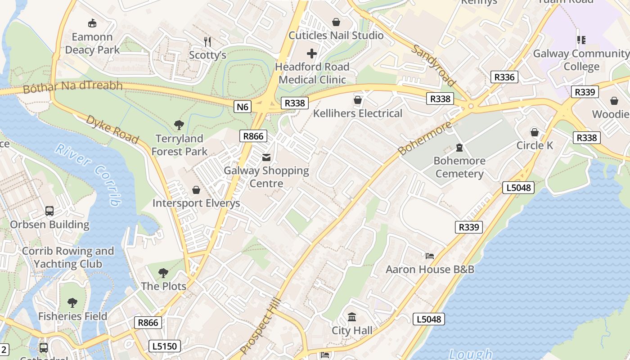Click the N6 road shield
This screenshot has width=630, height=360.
click(242, 107)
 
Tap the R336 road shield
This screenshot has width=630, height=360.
click(504, 77)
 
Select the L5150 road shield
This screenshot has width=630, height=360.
click(165, 346)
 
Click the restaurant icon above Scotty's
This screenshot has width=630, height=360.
click(207, 42)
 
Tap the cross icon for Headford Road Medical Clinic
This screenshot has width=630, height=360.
click(311, 54)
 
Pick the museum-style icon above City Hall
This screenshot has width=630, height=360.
click(352, 317)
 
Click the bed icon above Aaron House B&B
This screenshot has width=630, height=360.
click(430, 256)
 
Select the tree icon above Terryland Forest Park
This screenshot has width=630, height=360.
click(179, 125)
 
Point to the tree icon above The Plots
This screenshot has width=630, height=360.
click(163, 273)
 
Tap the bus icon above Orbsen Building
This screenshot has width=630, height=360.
click(49, 211)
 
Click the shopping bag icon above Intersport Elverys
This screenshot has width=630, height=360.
click(196, 190)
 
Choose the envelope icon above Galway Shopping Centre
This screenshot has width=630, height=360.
click(266, 157)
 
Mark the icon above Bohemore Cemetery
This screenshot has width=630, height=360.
click(459, 148)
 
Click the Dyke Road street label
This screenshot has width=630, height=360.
click(112, 129)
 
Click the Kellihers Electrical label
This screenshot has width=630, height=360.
click(358, 113)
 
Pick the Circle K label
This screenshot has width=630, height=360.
click(535, 145)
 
